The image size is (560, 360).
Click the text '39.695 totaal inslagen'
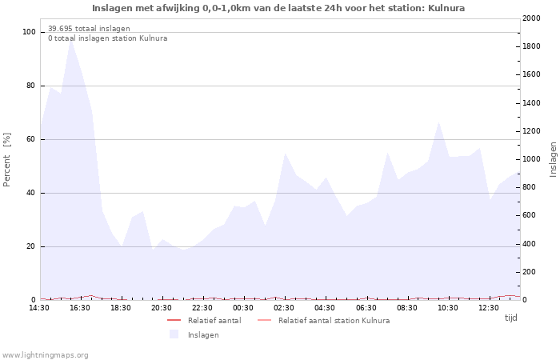point(89,28)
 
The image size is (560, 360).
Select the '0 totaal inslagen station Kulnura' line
point(107,38)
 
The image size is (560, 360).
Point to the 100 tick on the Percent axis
point(29,32)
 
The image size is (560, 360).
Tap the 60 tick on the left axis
point(30,139)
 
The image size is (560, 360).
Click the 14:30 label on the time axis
point(39,307)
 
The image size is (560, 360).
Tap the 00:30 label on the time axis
point(243,307)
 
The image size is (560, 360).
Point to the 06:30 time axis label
point(366,307)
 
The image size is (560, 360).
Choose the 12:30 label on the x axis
point(488,307)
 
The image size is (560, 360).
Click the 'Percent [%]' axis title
point(7,160)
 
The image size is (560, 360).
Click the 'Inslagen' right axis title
point(553,160)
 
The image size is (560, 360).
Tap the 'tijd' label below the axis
point(510,318)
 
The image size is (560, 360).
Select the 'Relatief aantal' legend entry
point(214,320)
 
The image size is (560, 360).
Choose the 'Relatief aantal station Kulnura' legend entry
point(334,320)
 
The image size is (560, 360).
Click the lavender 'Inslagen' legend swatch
point(174,334)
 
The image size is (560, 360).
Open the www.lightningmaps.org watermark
point(45,354)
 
